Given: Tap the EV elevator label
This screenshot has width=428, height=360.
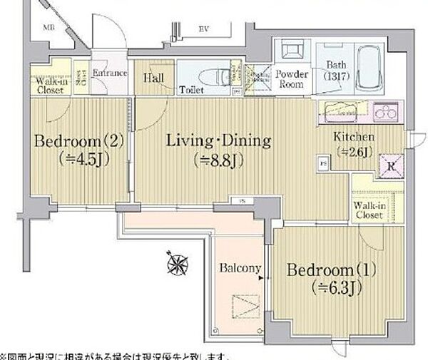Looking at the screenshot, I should point(203,29).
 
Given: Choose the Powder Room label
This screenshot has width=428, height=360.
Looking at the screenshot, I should point(291,78).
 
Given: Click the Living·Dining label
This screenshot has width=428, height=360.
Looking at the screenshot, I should point(218,140).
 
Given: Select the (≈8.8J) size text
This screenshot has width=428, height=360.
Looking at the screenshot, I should point(219,160).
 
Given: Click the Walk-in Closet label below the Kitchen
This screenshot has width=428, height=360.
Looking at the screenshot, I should point(370,210).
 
